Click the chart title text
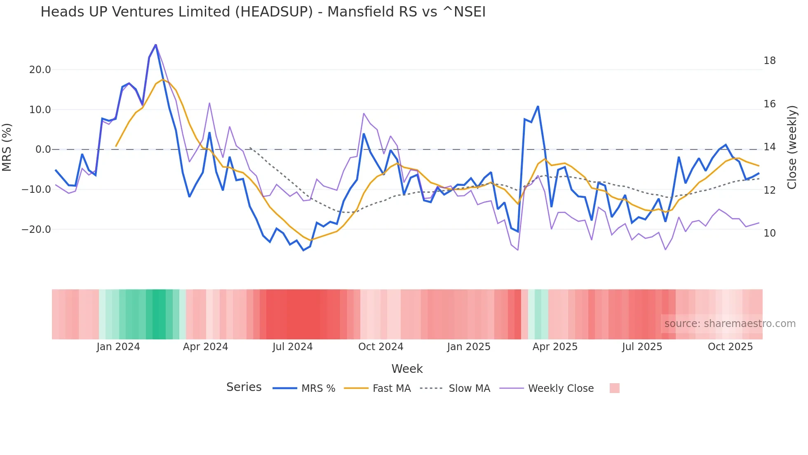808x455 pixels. (x=263, y=12)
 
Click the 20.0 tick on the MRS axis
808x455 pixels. (x=40, y=70)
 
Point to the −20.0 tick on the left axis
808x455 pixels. (x=37, y=230)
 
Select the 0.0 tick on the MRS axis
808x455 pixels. (x=43, y=149)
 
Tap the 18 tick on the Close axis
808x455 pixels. (x=769, y=61)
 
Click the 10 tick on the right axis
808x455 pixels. (x=769, y=233)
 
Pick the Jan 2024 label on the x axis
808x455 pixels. (x=118, y=347)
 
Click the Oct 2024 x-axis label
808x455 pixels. (x=381, y=347)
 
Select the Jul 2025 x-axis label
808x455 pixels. (x=642, y=347)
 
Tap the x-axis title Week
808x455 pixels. (x=407, y=369)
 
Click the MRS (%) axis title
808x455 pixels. (x=7, y=147)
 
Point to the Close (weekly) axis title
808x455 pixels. (x=792, y=147)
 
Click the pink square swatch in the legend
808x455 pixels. (x=614, y=388)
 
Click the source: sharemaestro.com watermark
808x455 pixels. (x=730, y=324)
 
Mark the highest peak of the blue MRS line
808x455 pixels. (x=155, y=45)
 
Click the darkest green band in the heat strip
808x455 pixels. (x=159, y=314)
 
